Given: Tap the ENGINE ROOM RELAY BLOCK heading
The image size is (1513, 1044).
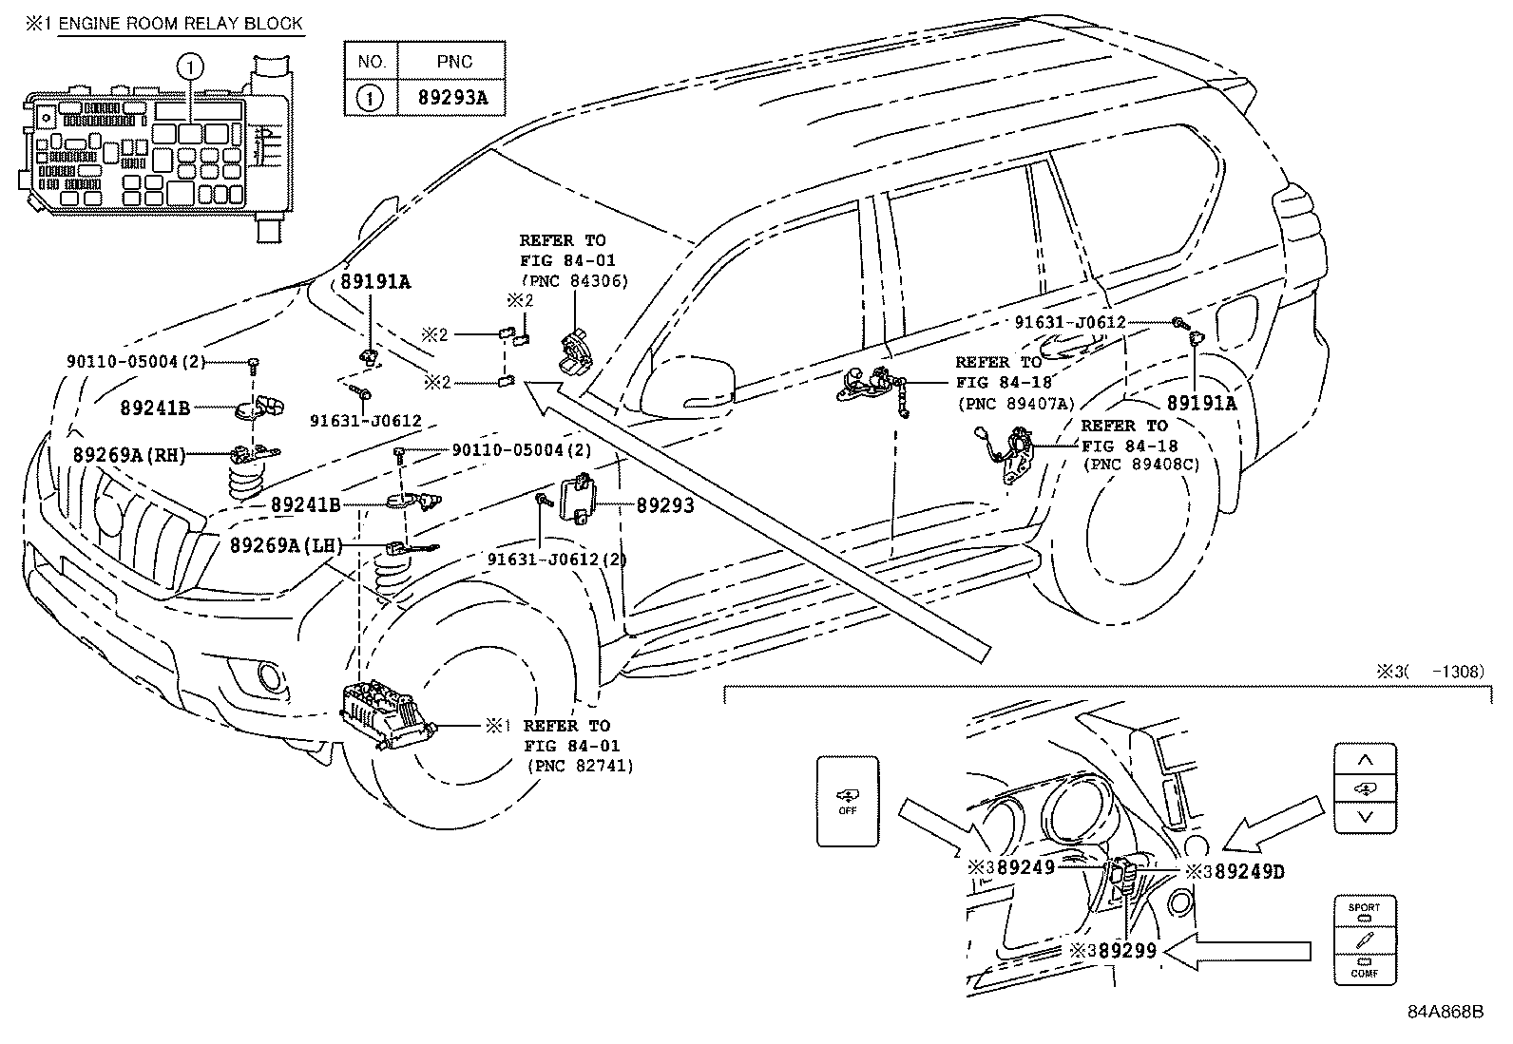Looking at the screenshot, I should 180,24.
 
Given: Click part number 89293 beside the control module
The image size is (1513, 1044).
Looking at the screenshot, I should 664,506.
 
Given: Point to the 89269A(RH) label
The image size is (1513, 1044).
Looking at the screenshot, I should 128,455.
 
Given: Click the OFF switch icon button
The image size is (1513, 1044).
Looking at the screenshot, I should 848,801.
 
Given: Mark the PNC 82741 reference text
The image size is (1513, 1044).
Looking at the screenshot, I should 579,766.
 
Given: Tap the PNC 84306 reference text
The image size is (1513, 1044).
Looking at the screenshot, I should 574,281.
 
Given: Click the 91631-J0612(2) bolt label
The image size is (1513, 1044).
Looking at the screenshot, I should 557,560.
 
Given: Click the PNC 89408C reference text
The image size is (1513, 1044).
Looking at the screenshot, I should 1140,465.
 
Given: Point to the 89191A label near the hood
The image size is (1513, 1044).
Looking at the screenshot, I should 376,282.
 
